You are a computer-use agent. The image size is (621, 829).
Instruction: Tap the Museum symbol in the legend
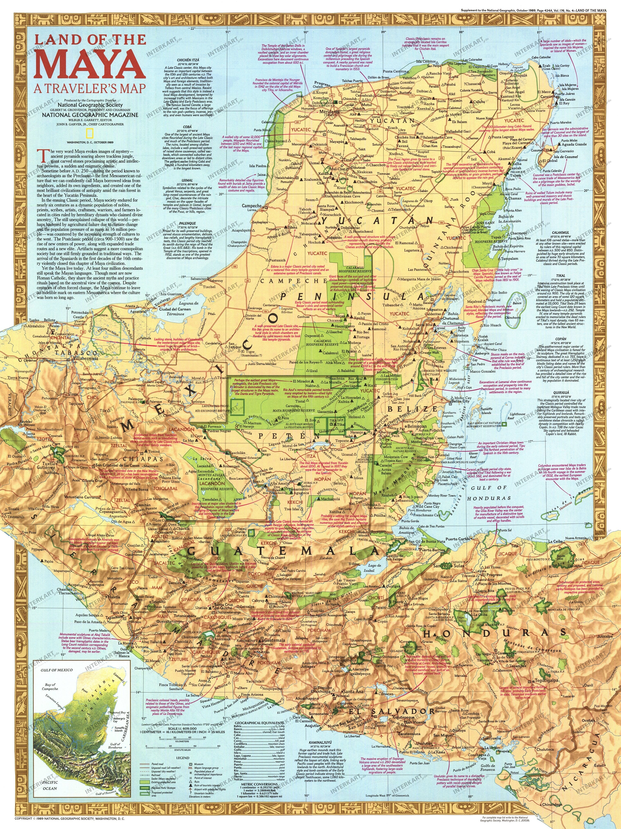coord(191,764)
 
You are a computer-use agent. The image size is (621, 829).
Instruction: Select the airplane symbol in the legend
coord(191,789)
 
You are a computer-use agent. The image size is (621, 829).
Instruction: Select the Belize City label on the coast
coord(460,401)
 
